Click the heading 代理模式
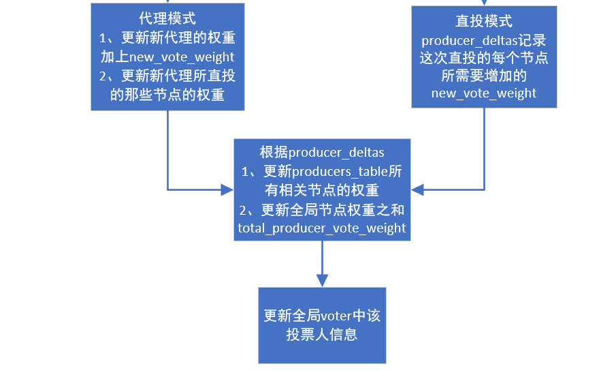pyautogui.click(x=167, y=19)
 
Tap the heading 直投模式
pyautogui.click(x=484, y=22)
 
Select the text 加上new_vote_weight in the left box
pyautogui.click(x=167, y=57)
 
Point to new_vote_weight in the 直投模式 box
pyautogui.click(x=484, y=93)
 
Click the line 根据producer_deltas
pyautogui.click(x=322, y=152)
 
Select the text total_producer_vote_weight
pyautogui.click(x=322, y=228)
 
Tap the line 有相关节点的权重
pyautogui.click(x=322, y=190)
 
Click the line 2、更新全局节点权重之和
pyautogui.click(x=322, y=209)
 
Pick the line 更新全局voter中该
pyautogui.click(x=322, y=316)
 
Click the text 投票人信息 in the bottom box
pyautogui.click(x=322, y=335)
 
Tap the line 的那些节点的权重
pyautogui.click(x=167, y=95)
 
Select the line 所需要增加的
pyautogui.click(x=484, y=76)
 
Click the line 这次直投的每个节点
pyautogui.click(x=484, y=58)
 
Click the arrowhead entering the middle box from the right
pyautogui.click(x=417, y=189)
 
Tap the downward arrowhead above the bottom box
pyautogui.click(x=322, y=280)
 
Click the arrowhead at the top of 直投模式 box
pyautogui.click(x=484, y=3)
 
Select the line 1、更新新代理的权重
pyautogui.click(x=167, y=38)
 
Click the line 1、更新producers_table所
pyautogui.click(x=322, y=171)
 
